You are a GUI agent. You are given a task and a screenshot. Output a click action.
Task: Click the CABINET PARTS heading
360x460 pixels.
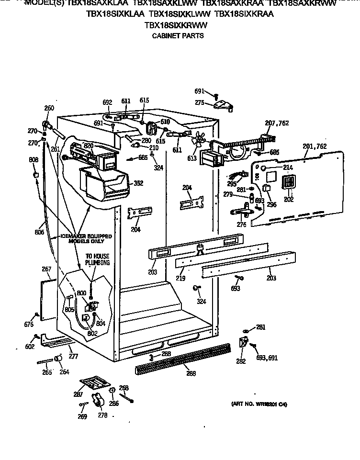tap(178, 35)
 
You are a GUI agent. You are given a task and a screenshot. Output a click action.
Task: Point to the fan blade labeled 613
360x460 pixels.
tap(196, 140)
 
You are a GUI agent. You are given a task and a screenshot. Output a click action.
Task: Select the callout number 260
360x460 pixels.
tap(49, 108)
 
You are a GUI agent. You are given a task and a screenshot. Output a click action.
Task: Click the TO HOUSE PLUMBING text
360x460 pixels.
tap(97, 259)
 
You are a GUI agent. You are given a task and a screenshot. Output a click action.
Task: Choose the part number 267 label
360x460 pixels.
tap(46, 269)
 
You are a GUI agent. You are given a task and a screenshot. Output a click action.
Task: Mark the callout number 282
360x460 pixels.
tap(240, 361)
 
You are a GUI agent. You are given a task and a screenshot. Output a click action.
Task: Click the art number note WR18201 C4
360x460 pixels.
tap(259, 404)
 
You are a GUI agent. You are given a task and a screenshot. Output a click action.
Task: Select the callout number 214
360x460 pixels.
tap(288, 168)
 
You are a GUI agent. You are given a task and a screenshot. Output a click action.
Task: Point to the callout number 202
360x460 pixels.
tap(289, 199)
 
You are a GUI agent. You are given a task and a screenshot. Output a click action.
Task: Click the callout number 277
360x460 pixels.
tap(73, 356)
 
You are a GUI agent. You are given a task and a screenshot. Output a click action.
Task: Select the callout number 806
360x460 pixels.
tap(39, 232)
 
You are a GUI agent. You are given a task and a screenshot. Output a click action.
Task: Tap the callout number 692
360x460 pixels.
tap(107, 102)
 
